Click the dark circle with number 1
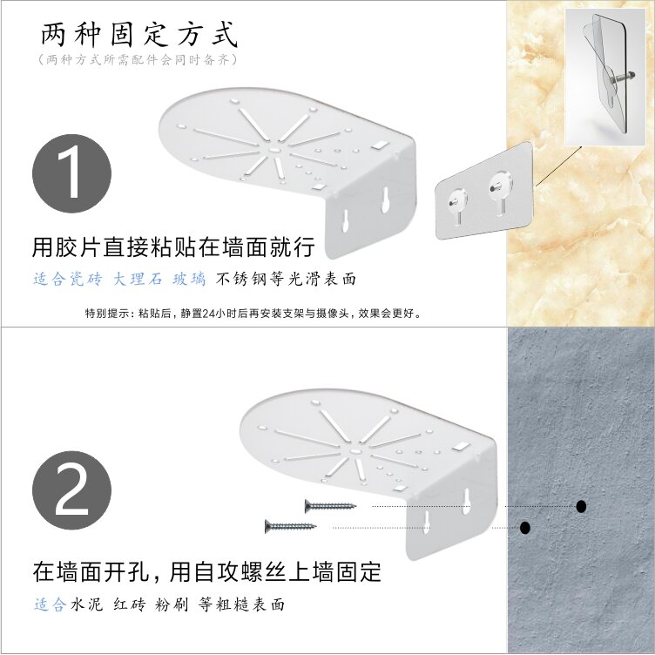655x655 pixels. coord(71,173)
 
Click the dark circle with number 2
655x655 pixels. coord(71,490)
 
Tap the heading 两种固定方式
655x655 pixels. coord(139,34)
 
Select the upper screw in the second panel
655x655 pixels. coord(331,506)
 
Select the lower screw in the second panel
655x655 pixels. coord(291,526)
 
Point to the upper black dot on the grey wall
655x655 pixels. coord(581,506)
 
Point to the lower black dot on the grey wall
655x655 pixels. coord(525,528)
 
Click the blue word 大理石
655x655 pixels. coord(138,279)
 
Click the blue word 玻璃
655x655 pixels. coord(189,279)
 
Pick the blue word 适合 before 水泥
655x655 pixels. coord(51,604)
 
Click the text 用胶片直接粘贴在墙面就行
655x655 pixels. coord(173,246)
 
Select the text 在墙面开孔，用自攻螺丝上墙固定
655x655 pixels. coord(206,572)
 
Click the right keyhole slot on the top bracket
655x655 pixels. coord(386,199)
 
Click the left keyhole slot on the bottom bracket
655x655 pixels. coord(427,522)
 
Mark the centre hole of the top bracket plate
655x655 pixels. coord(273,149)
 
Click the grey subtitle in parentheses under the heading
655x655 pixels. coord(138,60)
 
